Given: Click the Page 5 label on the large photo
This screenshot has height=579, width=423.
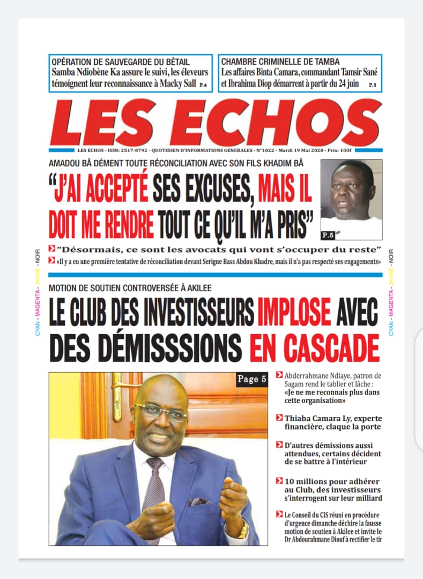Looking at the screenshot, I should pyautogui.click(x=251, y=380).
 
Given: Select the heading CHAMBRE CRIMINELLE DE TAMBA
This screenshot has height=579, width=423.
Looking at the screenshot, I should pyautogui.click(x=280, y=62).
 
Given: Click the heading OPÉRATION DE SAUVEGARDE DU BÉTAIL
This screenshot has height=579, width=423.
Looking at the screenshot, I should pyautogui.click(x=121, y=62).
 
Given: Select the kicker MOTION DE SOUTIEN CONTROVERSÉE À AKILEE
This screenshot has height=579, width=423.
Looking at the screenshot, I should pyautogui.click(x=130, y=288).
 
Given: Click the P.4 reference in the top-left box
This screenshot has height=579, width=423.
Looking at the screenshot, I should pyautogui.click(x=203, y=85).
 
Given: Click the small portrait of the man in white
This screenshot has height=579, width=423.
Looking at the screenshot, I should pyautogui.click(x=351, y=198).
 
